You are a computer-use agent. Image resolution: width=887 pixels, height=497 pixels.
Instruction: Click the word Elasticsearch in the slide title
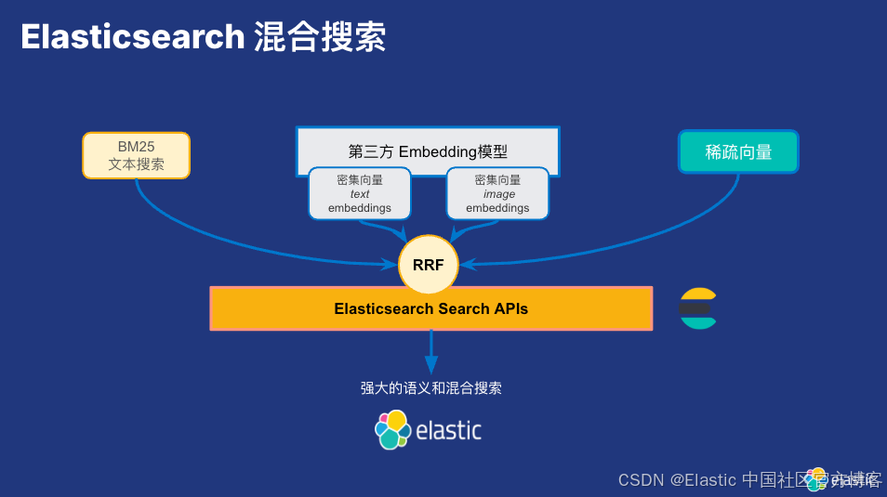pyautogui.click(x=132, y=37)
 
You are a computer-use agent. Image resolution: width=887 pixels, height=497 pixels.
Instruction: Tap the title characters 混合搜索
pyautogui.click(x=319, y=37)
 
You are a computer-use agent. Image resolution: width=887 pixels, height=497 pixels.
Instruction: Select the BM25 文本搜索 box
pyautogui.click(x=136, y=155)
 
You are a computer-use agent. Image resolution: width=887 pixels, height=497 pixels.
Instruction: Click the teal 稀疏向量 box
pyautogui.click(x=738, y=151)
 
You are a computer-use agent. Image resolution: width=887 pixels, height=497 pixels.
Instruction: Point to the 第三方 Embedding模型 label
pyautogui.click(x=428, y=151)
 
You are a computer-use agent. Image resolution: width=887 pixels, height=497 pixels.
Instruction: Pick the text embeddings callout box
pyautogui.click(x=359, y=194)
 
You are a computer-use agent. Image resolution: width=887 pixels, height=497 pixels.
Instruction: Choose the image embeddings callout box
pyautogui.click(x=497, y=194)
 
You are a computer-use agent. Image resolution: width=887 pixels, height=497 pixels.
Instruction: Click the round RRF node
pyautogui.click(x=428, y=265)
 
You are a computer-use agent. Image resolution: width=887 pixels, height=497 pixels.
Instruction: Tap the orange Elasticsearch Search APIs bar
pyautogui.click(x=430, y=308)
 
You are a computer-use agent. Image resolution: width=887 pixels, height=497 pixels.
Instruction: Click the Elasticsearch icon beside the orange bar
pyautogui.click(x=697, y=308)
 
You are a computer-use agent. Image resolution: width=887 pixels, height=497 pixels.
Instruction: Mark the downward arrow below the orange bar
pyautogui.click(x=430, y=353)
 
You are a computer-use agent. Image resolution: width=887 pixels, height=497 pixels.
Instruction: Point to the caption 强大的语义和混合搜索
pyautogui.click(x=430, y=388)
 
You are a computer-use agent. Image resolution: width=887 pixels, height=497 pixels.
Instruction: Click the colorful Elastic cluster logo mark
pyautogui.click(x=392, y=429)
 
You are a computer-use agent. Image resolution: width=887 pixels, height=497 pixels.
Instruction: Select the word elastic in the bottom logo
pyautogui.click(x=448, y=430)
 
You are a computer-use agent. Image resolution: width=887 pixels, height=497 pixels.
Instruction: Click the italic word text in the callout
pyautogui.click(x=359, y=194)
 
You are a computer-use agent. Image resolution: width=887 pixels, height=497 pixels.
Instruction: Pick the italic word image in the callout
pyautogui.click(x=498, y=194)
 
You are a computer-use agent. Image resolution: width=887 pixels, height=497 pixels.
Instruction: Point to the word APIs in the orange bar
pyautogui.click(x=508, y=308)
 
